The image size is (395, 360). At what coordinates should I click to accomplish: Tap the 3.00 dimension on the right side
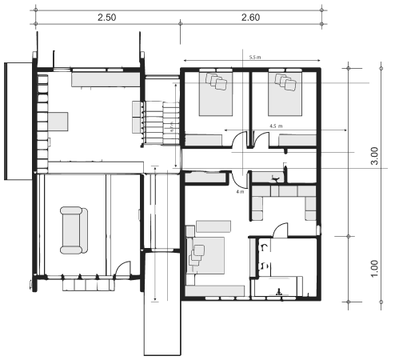[x=374, y=154]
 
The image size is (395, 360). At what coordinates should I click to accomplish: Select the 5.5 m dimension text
[x=253, y=58]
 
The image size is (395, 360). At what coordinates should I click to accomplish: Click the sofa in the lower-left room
[x=73, y=230]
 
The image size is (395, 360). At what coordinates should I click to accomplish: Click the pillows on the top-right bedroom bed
[x=285, y=81]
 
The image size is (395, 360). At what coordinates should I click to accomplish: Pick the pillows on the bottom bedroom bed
[x=196, y=252]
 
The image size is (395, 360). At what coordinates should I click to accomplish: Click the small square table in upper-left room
[x=58, y=122]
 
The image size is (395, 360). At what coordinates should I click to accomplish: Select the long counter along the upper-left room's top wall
[x=106, y=78]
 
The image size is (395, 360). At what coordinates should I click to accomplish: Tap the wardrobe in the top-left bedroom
[x=203, y=141]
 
